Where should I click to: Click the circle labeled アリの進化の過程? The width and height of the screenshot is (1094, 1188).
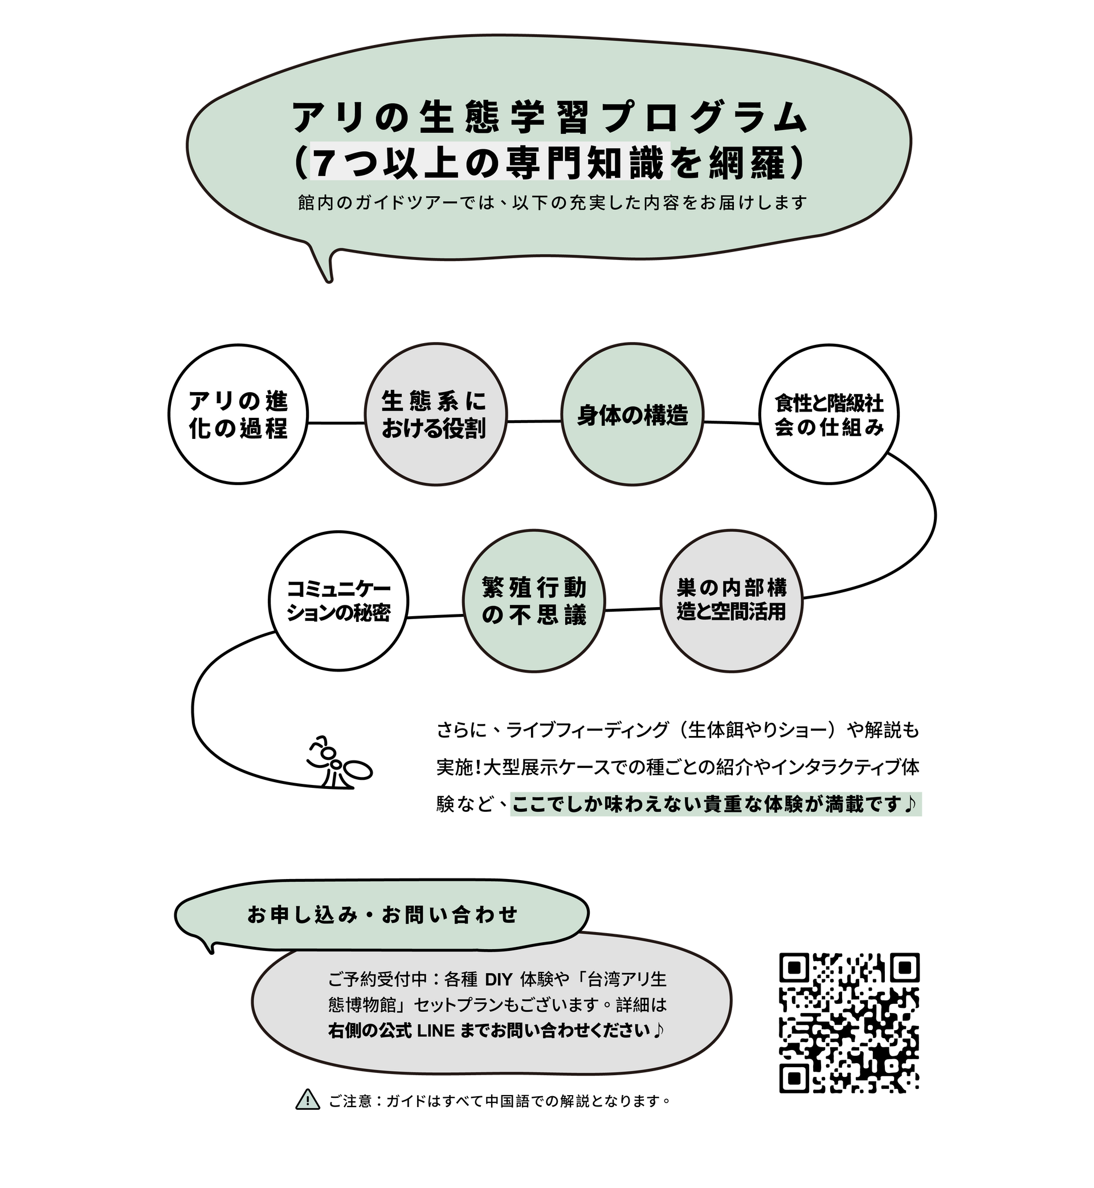(238, 414)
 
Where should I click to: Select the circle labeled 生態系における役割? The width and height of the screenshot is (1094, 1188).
(435, 414)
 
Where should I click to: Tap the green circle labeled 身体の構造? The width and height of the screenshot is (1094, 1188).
(632, 414)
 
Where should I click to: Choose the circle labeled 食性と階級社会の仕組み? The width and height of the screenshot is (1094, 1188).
(829, 414)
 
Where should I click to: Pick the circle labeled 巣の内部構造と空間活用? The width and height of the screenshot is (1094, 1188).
(731, 600)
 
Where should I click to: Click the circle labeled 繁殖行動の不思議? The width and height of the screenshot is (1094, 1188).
(534, 600)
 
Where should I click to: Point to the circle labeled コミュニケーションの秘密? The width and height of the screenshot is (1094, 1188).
(338, 600)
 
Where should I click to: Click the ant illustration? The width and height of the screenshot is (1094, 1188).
(339, 762)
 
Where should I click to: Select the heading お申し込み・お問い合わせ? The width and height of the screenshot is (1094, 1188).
(382, 915)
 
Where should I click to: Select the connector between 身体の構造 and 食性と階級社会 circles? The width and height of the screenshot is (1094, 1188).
(732, 423)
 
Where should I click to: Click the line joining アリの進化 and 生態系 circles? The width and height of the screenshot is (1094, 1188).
(336, 423)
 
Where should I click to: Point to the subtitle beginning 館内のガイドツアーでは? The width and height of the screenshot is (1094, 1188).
(552, 203)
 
